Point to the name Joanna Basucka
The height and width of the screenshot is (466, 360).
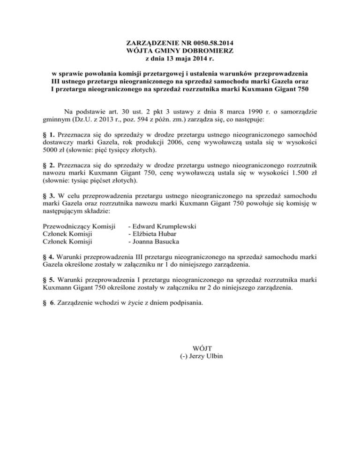pyautogui.click(x=154, y=242)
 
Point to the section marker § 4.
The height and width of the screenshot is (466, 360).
pyautogui.click(x=48, y=256)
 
